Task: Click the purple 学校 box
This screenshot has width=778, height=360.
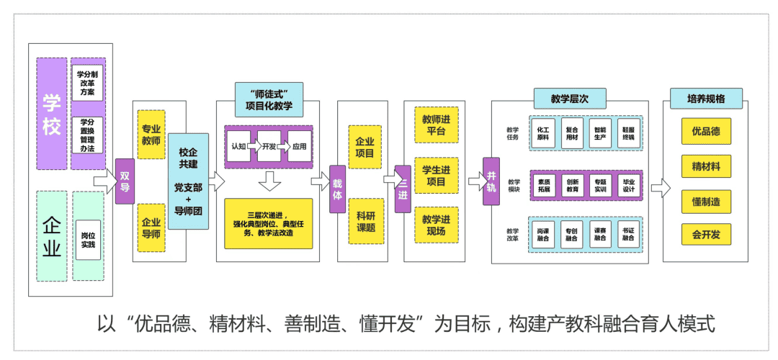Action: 51,114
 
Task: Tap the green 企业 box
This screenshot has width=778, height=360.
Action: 51,235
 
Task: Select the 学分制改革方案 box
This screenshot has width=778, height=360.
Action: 87,83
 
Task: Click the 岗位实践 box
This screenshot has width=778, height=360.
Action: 88,239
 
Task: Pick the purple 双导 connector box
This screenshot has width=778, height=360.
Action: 125,181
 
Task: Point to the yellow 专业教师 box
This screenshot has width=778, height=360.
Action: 151,135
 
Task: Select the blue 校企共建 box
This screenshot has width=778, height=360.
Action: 188,181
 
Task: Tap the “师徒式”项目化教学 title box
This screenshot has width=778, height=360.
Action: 269,100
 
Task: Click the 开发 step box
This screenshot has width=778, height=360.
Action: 269,146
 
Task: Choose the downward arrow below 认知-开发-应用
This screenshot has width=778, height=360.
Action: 269,181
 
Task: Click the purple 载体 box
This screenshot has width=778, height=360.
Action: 338,189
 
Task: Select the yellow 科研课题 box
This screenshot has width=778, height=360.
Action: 365,221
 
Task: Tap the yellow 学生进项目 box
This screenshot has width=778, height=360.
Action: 436,175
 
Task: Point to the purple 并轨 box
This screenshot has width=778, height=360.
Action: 491,181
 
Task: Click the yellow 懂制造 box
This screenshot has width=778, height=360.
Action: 706,202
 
